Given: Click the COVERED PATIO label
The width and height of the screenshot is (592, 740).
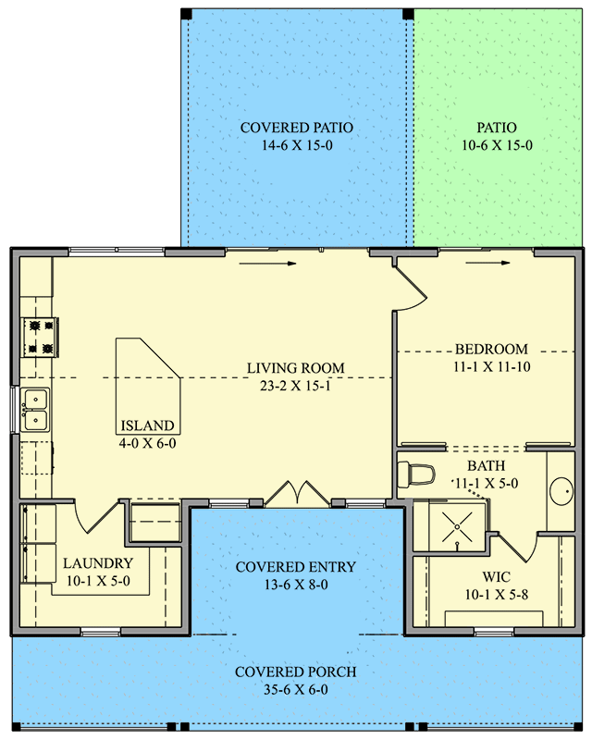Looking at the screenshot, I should click(296, 128).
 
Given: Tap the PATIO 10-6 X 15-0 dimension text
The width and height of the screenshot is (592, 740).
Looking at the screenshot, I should click(497, 145).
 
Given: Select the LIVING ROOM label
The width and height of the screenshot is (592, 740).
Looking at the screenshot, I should click(295, 368).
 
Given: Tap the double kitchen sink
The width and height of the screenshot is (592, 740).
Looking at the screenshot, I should click(35, 410).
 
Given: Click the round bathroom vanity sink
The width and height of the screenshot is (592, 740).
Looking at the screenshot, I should click(561, 489).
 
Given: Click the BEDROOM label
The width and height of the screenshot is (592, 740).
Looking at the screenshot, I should click(491, 350).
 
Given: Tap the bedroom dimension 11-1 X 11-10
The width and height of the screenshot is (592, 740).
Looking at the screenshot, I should click(491, 366).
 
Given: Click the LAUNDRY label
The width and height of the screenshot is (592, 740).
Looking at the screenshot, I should click(98, 563).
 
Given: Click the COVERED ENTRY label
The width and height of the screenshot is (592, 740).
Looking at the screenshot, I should click(295, 566).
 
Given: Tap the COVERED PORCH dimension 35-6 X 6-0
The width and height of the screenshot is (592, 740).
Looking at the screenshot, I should click(295, 689).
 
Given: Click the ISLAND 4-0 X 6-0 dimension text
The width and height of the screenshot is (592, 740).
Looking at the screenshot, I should click(146, 443).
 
